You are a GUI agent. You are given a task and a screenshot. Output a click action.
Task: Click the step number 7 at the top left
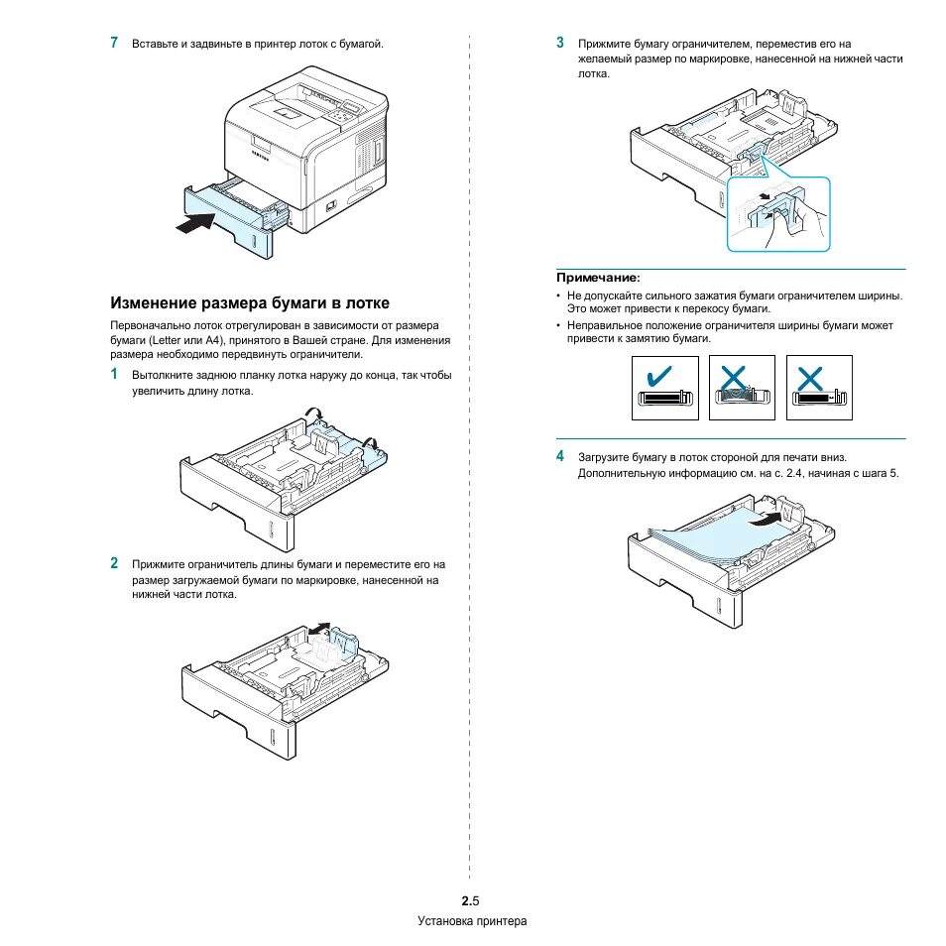pyautogui.click(x=115, y=43)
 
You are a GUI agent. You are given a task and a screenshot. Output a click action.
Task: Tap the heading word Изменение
pyautogui.click(x=157, y=302)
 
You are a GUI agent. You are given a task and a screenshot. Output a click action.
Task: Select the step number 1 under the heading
pyautogui.click(x=114, y=375)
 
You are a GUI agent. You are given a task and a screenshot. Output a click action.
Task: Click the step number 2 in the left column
pyautogui.click(x=115, y=563)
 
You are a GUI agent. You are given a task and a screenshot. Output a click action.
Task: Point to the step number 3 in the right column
pyautogui.click(x=560, y=43)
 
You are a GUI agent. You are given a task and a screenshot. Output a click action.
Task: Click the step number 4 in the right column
pyautogui.click(x=560, y=456)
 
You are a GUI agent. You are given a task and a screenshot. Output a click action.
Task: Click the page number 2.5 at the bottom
pyautogui.click(x=470, y=900)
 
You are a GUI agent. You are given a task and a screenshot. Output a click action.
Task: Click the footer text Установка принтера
pyautogui.click(x=471, y=921)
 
